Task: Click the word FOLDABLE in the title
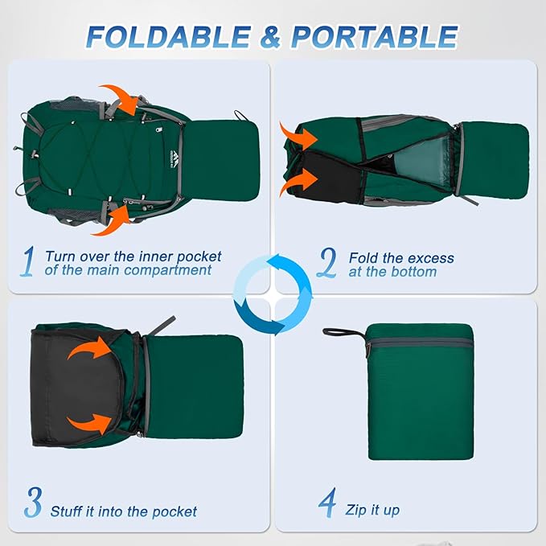point(168,36)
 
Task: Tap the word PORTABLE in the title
point(375,36)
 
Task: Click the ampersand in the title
point(270,37)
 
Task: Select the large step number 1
point(28,261)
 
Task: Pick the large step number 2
point(326,263)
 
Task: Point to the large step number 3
point(34,502)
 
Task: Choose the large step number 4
point(327,502)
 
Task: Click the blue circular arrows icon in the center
point(273,294)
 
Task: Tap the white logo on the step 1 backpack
point(174,160)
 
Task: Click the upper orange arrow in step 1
point(122,98)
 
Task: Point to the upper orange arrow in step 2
point(298,137)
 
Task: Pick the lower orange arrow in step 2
point(298,182)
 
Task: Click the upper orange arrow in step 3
point(91,349)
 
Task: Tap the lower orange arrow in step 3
point(90,423)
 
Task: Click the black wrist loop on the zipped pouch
point(344,333)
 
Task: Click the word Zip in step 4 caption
point(355,511)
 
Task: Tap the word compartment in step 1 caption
point(167,270)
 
